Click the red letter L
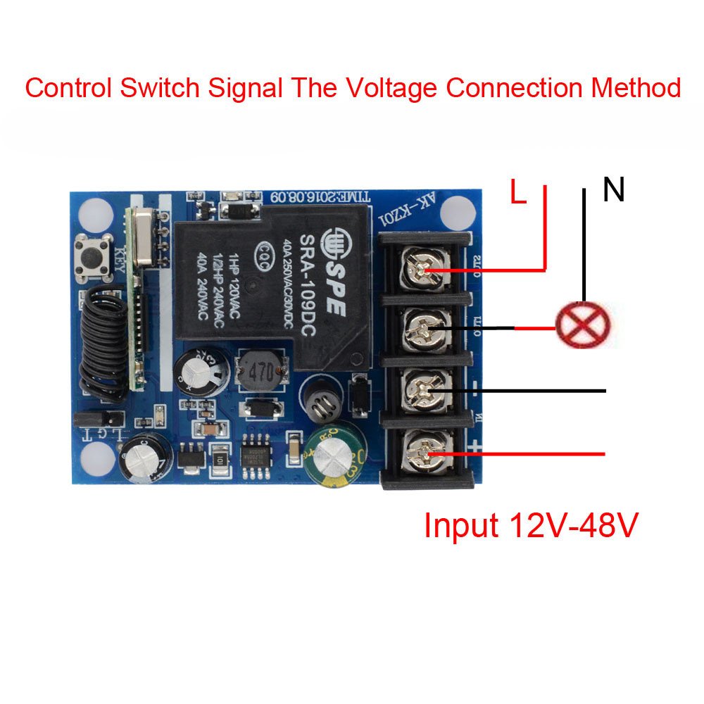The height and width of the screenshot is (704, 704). (518, 194)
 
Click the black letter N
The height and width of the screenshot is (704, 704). (613, 190)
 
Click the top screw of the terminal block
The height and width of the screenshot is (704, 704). (423, 269)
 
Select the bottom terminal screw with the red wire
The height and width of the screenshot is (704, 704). (423, 453)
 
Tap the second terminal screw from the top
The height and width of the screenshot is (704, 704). (423, 329)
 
